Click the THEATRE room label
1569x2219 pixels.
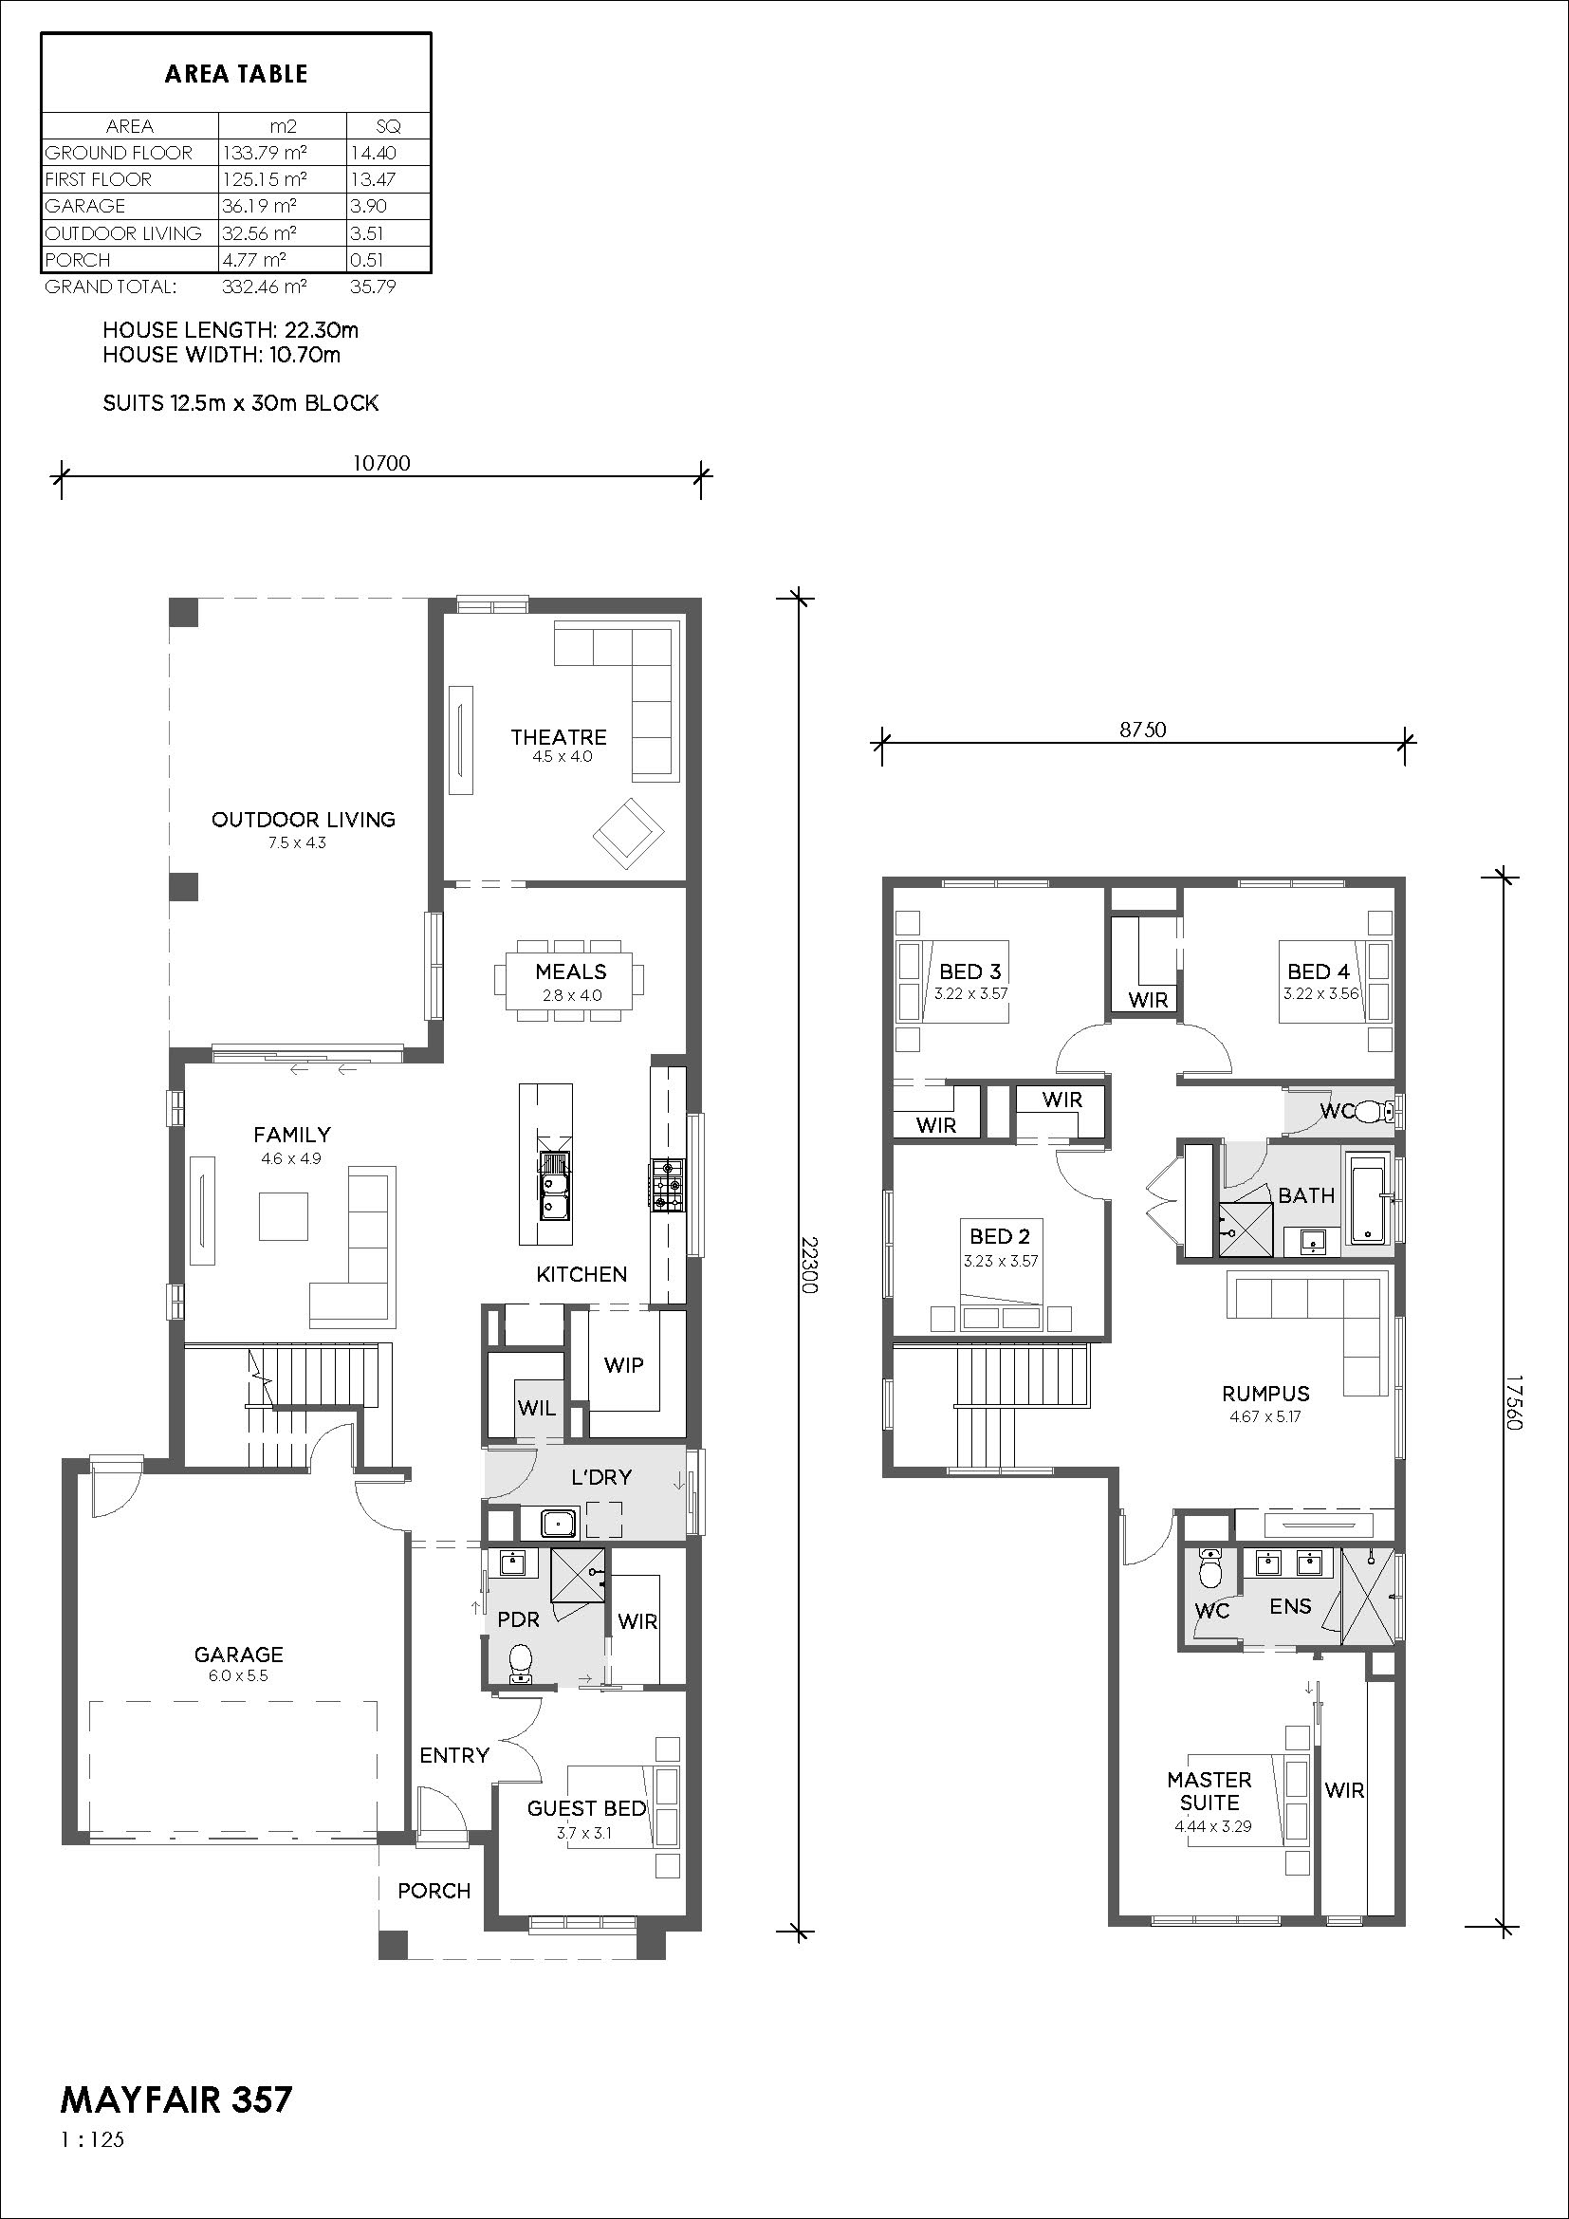(x=559, y=737)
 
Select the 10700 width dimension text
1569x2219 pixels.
(x=380, y=463)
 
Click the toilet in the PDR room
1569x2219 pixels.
(x=523, y=1664)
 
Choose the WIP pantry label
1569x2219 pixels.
(x=623, y=1364)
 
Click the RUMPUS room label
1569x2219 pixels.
(x=1265, y=1394)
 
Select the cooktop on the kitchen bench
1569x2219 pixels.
(x=666, y=1185)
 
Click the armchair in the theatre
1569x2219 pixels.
(x=629, y=832)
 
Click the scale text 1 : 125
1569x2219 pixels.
(x=93, y=2139)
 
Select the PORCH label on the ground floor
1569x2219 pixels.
(x=434, y=1891)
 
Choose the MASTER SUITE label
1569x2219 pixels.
(x=1209, y=1791)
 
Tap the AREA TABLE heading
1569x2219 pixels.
(x=236, y=74)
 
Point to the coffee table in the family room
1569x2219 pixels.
(x=283, y=1216)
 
